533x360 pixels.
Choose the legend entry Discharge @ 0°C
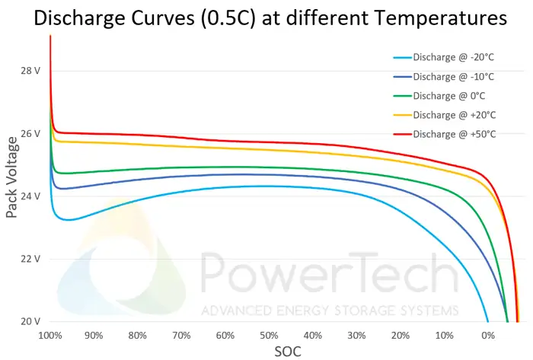click(x=448, y=95)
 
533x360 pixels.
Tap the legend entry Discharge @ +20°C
click(x=452, y=115)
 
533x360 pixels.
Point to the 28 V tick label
click(x=30, y=71)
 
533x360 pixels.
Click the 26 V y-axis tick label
click(x=30, y=133)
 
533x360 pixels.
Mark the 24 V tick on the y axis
click(x=30, y=196)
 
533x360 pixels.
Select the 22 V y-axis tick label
click(x=30, y=258)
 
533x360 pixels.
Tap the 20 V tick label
click(x=30, y=320)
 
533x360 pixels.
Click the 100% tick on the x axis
click(x=50, y=335)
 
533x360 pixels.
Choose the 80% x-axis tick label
click(x=138, y=335)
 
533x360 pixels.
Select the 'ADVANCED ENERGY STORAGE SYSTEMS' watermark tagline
click(x=330, y=311)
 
